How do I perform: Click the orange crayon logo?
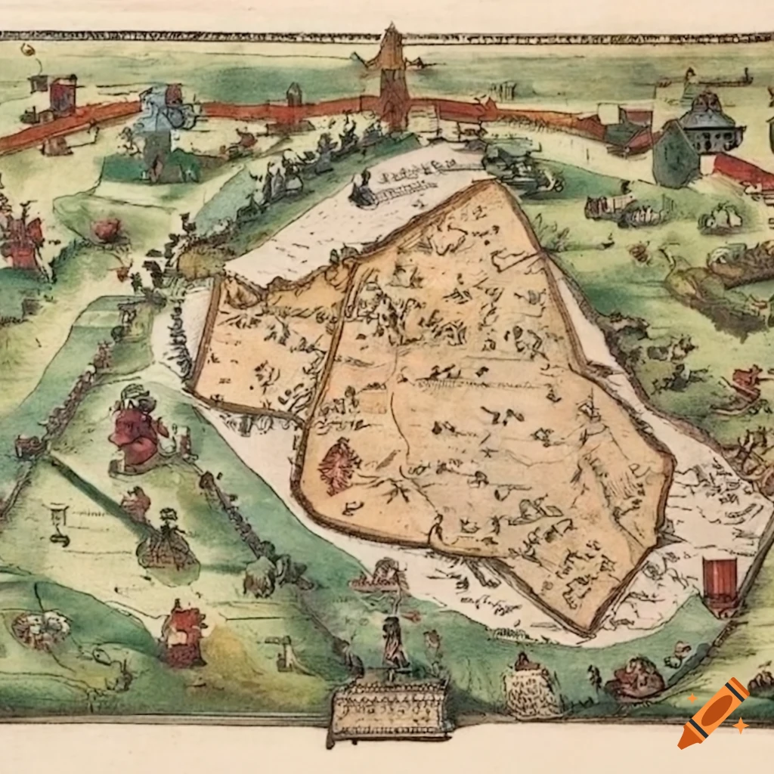click(x=712, y=714)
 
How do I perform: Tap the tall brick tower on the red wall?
click(x=393, y=79)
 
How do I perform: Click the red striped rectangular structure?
click(x=719, y=582)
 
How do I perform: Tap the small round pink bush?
click(x=107, y=229)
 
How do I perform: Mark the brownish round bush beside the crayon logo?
click(x=636, y=678)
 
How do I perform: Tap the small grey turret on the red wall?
click(x=294, y=94)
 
